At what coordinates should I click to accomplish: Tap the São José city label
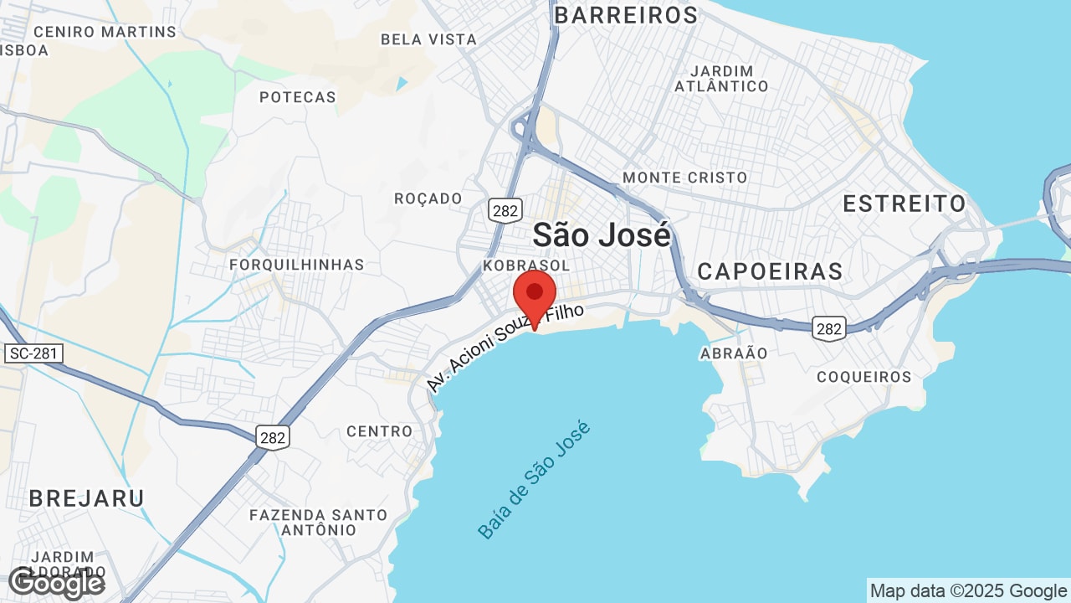(602, 235)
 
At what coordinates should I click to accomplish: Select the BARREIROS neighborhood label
(626, 15)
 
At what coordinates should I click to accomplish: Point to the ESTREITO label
(904, 204)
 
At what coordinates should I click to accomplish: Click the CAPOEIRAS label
(770, 271)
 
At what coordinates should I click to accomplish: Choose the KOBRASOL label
(526, 265)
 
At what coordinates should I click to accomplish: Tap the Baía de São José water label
(535, 480)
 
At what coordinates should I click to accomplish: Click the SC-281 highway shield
(33, 353)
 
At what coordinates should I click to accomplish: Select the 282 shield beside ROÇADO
(505, 210)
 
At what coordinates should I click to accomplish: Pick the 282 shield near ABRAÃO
(829, 329)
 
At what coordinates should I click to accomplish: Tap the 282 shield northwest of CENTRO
(273, 436)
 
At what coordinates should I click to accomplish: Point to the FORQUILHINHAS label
(297, 265)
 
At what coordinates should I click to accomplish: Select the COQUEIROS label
(863, 377)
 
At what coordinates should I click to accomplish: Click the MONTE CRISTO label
(684, 178)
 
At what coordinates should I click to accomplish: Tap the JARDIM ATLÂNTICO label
(721, 79)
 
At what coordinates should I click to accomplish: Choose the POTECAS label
(297, 97)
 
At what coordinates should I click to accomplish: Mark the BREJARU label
(86, 498)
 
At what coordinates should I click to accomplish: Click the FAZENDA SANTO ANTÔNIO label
(319, 523)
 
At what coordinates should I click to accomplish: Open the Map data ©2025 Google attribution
(968, 590)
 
